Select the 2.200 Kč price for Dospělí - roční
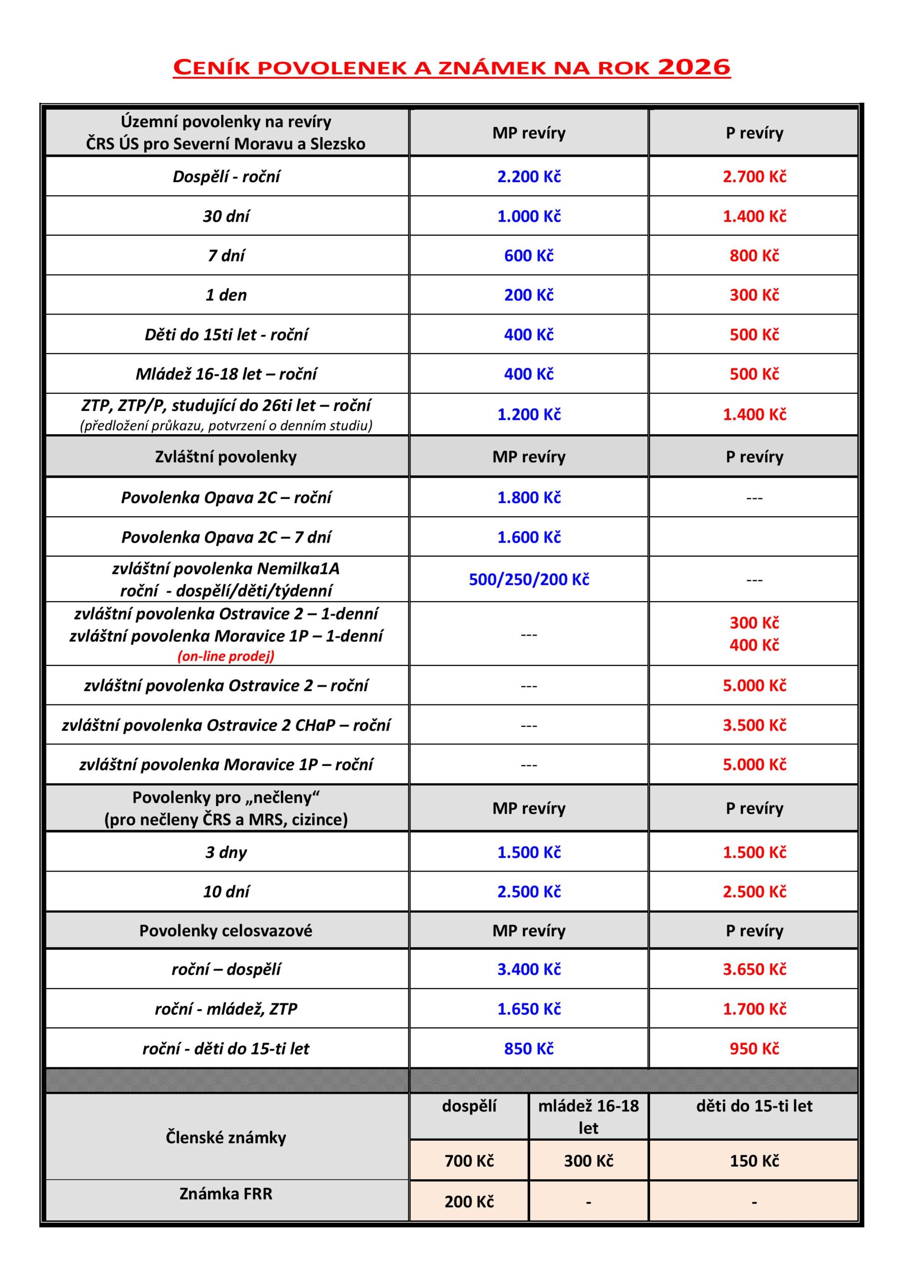pyautogui.click(x=529, y=176)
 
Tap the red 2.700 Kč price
pyautogui.click(x=754, y=176)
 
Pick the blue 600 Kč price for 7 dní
pyautogui.click(x=529, y=256)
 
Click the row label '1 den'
pyautogui.click(x=226, y=295)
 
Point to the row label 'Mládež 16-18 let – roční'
pyautogui.click(x=226, y=373)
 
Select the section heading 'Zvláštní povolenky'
pyautogui.click(x=226, y=456)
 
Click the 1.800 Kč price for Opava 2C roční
pyautogui.click(x=529, y=497)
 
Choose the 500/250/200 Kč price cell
pyautogui.click(x=529, y=580)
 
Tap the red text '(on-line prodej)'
pyautogui.click(x=226, y=656)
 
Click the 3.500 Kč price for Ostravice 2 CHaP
pyautogui.click(x=754, y=725)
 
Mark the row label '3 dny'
pyautogui.click(x=226, y=852)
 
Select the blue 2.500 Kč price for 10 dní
pyautogui.click(x=529, y=891)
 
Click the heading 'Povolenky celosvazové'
pyautogui.click(x=226, y=931)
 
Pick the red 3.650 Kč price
pyautogui.click(x=754, y=969)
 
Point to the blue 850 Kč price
pyautogui.click(x=529, y=1049)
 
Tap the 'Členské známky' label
pyautogui.click(x=226, y=1138)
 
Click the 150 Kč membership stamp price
pyautogui.click(x=754, y=1161)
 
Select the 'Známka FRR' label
pyautogui.click(x=226, y=1194)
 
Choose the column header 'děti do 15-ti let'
pyautogui.click(x=754, y=1106)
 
